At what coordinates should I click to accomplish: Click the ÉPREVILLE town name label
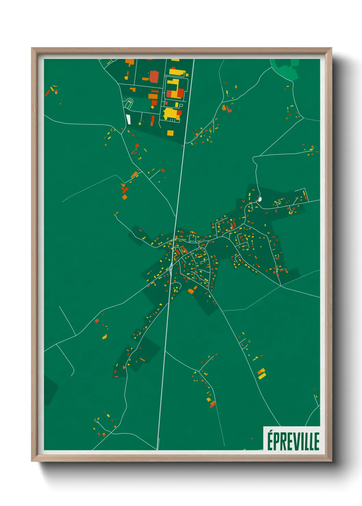[293, 441]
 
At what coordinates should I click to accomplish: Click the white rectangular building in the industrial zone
[129, 119]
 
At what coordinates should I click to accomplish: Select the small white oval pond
[259, 199]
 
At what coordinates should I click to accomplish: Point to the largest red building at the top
[154, 77]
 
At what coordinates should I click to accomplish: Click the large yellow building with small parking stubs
[171, 114]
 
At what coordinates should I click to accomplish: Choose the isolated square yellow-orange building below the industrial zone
[170, 133]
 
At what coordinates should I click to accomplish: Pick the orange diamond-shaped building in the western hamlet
[125, 197]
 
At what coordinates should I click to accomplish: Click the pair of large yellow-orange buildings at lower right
[261, 374]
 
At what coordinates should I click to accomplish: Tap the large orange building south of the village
[191, 291]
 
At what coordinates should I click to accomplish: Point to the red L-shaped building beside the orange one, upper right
[229, 109]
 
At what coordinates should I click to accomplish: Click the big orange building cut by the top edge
[130, 62]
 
